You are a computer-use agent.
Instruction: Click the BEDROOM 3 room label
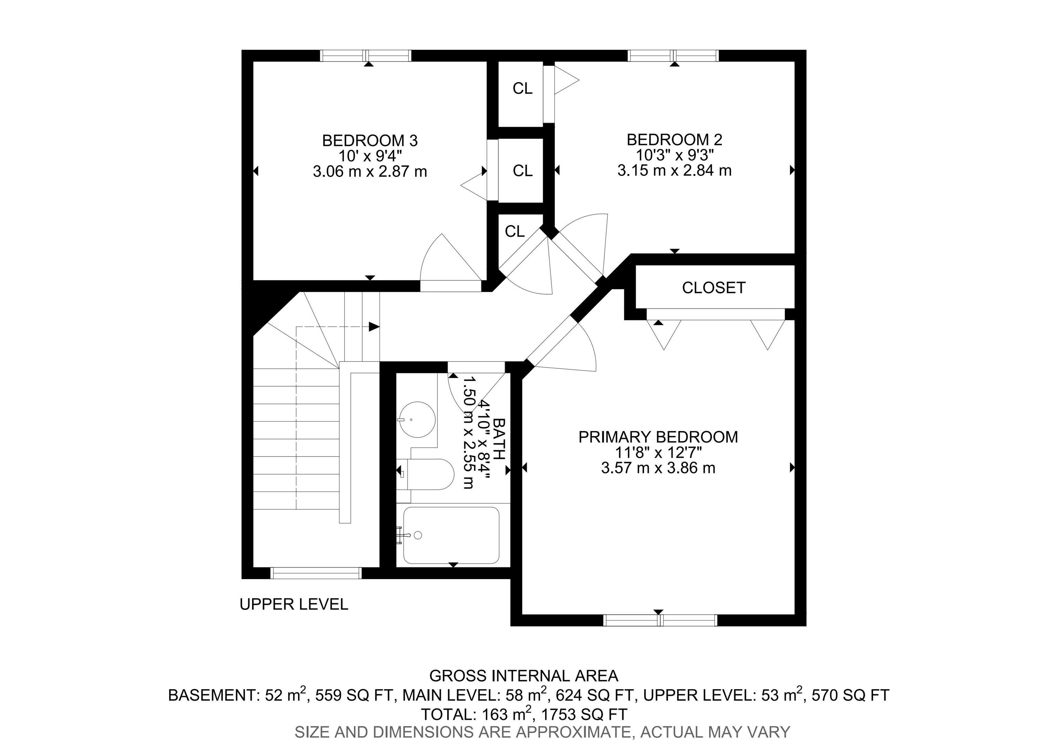pyautogui.click(x=370, y=141)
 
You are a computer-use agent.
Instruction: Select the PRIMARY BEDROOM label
pyautogui.click(x=658, y=437)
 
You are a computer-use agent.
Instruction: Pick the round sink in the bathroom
pyautogui.click(x=417, y=420)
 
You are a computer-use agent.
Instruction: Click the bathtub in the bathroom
pyautogui.click(x=451, y=535)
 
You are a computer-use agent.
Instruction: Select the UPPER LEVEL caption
pyautogui.click(x=293, y=604)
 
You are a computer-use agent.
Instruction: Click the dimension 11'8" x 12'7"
pyautogui.click(x=658, y=453)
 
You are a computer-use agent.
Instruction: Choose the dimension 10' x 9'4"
pyautogui.click(x=370, y=156)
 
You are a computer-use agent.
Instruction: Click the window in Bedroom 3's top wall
pyautogui.click(x=365, y=56)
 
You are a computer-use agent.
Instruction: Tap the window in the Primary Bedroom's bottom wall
pyautogui.click(x=660, y=620)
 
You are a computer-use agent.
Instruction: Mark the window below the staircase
pyautogui.click(x=316, y=573)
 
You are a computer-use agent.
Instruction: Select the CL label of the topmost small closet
pyautogui.click(x=522, y=89)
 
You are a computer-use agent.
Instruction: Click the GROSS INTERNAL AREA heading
pyautogui.click(x=523, y=676)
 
